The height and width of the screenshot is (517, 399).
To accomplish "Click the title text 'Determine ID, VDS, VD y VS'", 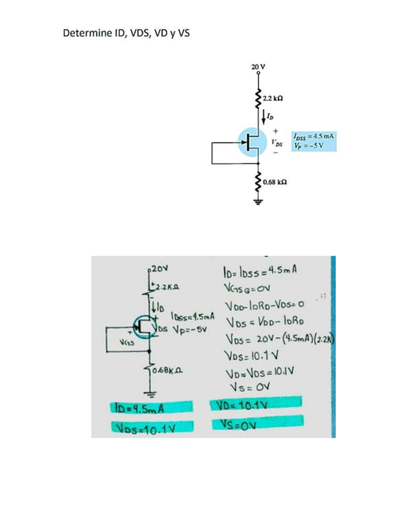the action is click(x=127, y=32).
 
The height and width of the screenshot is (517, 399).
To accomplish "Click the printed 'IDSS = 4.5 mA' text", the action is click(x=314, y=137).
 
